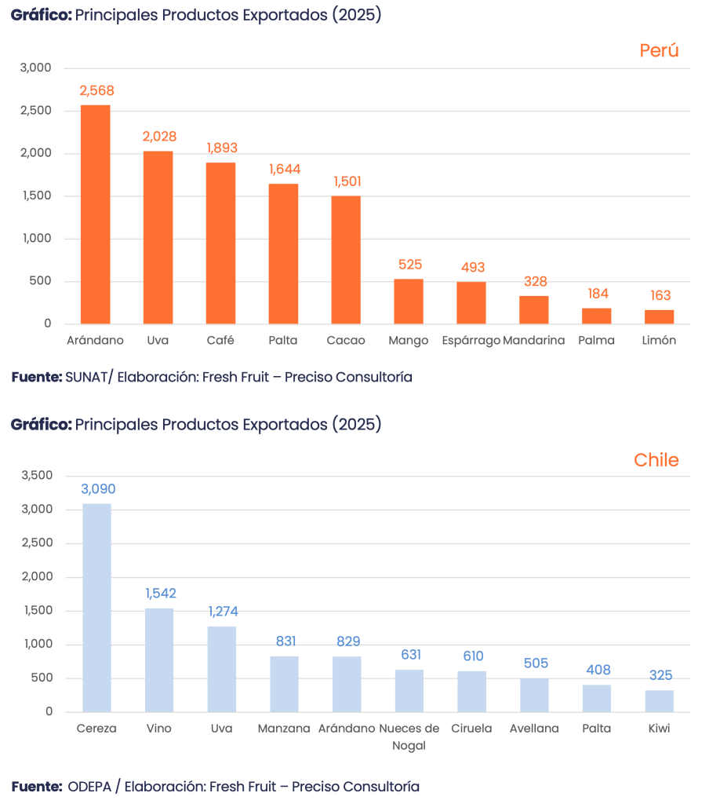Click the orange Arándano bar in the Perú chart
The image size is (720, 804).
95,214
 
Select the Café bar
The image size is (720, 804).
220,243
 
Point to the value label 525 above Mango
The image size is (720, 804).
409,265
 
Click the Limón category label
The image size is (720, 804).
659,341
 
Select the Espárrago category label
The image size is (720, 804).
471,341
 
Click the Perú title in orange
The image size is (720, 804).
658,51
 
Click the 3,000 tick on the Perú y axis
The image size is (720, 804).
36,68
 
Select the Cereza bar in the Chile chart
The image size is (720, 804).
97,607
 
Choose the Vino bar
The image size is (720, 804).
159,660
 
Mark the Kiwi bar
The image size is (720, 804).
659,700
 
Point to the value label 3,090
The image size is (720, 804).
98,489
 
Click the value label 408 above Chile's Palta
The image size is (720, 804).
597,671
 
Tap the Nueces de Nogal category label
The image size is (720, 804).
409,736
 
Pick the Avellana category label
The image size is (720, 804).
534,729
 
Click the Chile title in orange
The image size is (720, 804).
656,460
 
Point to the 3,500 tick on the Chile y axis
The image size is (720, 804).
37,476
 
